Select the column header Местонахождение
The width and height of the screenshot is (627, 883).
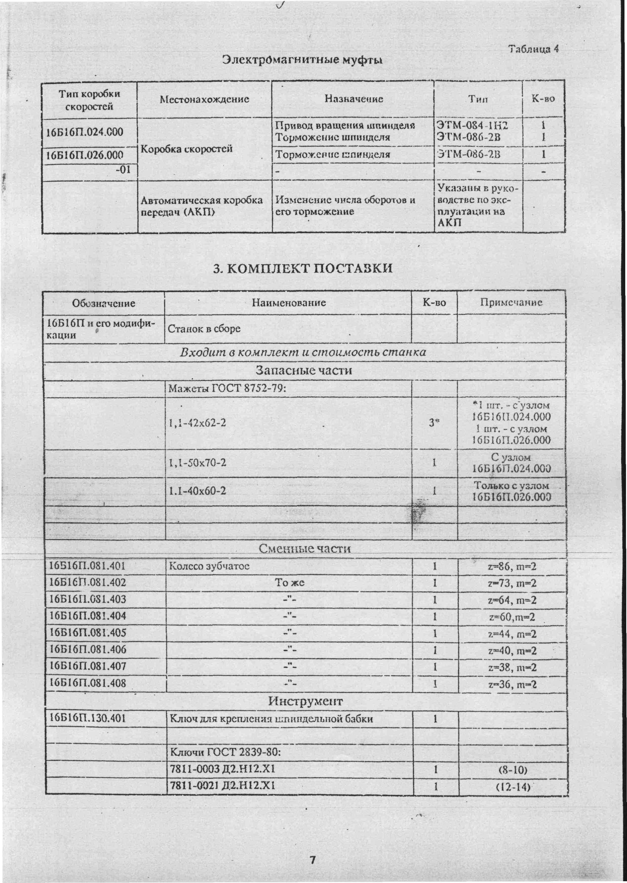(x=204, y=99)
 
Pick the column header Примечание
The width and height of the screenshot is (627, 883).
(x=511, y=302)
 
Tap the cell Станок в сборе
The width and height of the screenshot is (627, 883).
(x=204, y=329)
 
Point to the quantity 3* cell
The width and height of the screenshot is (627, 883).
(x=434, y=423)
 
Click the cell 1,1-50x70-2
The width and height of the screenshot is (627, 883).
(x=198, y=462)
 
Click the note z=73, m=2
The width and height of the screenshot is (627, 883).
(x=512, y=583)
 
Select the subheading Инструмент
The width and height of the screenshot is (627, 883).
(x=305, y=701)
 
